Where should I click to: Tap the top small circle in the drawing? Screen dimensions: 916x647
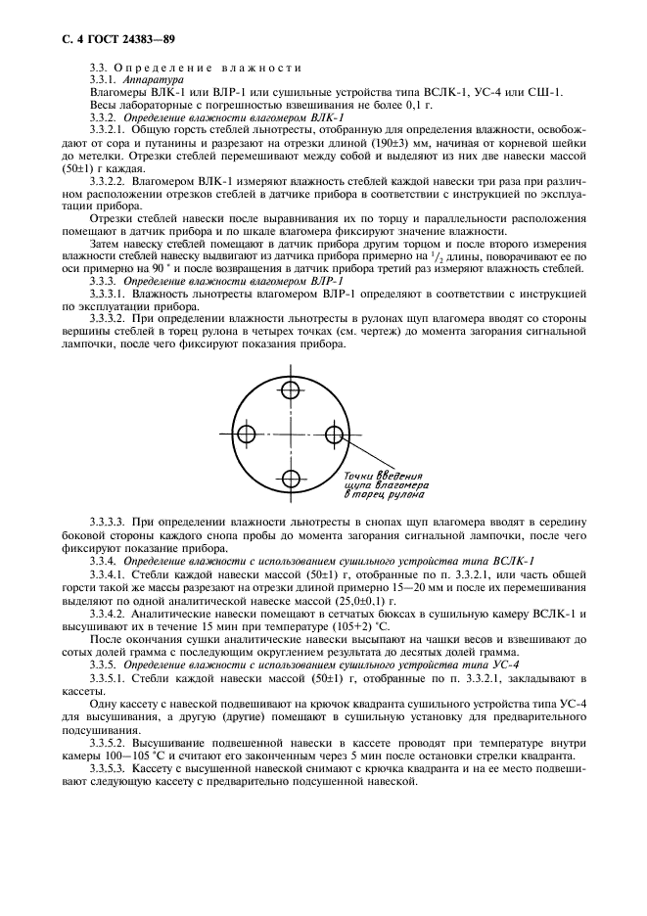[x=291, y=390]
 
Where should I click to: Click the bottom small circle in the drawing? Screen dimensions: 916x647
[x=291, y=479]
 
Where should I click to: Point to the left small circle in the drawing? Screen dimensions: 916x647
[x=247, y=435]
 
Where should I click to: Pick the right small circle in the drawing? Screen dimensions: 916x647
[x=335, y=435]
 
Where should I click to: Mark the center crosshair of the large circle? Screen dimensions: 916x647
[x=291, y=435]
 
